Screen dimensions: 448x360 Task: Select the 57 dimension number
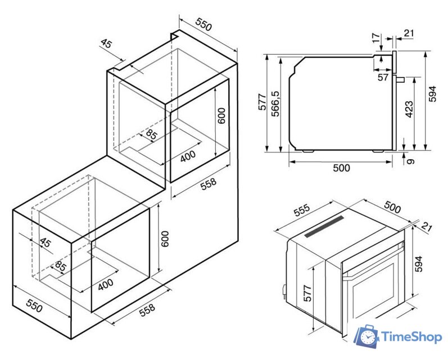pyautogui.click(x=383, y=77)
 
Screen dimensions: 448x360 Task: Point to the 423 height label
pyautogui.click(x=409, y=109)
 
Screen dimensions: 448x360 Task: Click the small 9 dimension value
pyautogui.click(x=410, y=161)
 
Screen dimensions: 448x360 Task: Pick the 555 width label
pyautogui.click(x=302, y=210)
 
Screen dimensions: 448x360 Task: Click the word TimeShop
pyautogui.click(x=411, y=337)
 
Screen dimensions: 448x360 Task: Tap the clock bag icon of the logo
pyautogui.click(x=367, y=337)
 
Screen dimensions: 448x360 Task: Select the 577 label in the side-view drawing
pyautogui.click(x=263, y=102)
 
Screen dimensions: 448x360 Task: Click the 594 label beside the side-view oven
pyautogui.click(x=433, y=94)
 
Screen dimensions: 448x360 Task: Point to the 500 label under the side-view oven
pyautogui.click(x=341, y=168)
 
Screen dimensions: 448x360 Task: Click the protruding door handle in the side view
pyautogui.click(x=400, y=79)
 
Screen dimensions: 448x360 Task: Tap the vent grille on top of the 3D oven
pyautogui.click(x=324, y=227)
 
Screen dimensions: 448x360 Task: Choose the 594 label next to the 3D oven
pyautogui.click(x=418, y=264)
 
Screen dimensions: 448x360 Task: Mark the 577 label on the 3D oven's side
pyautogui.click(x=307, y=294)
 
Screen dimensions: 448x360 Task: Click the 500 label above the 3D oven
pyautogui.click(x=392, y=207)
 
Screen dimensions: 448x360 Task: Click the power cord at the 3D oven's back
pyautogui.click(x=284, y=292)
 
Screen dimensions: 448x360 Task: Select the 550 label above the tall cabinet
pyautogui.click(x=204, y=24)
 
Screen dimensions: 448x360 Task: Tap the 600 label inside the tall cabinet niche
pyautogui.click(x=221, y=116)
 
